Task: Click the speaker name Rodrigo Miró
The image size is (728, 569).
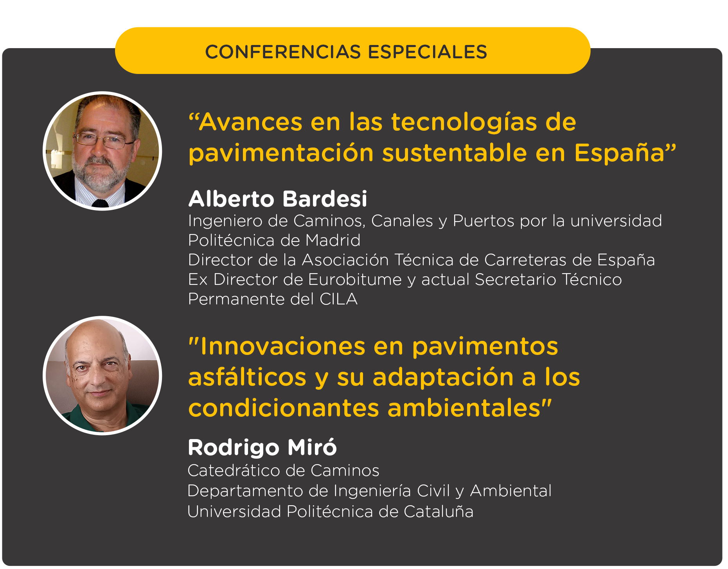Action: tap(262, 447)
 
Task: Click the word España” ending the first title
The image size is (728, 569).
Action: tap(625, 153)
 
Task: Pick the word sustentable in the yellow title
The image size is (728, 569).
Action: tap(455, 153)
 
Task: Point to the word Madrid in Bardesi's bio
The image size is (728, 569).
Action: tap(333, 240)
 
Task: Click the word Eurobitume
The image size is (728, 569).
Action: tap(355, 279)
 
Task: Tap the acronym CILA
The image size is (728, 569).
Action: tap(338, 299)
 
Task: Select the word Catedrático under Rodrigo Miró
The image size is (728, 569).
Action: tap(231, 470)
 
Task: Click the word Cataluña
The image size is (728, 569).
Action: tap(439, 511)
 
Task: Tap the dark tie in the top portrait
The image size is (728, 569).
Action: tap(100, 203)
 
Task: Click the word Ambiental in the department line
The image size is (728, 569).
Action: tap(510, 491)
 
